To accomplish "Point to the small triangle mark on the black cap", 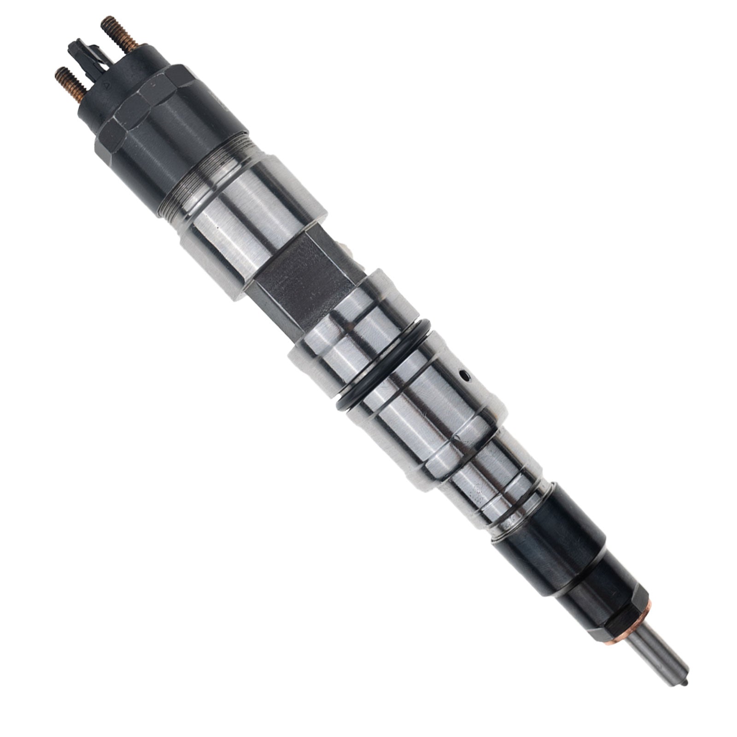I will click(x=119, y=86).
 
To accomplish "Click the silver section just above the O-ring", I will click(x=355, y=332).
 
